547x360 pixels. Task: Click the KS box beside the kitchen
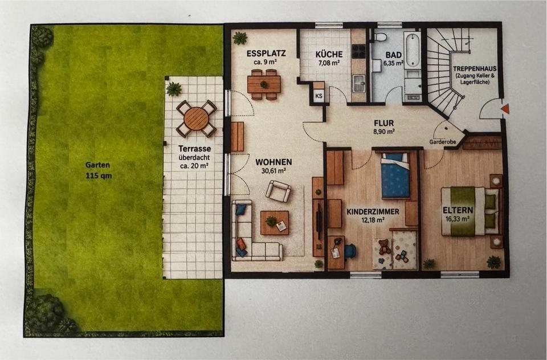click(319, 96)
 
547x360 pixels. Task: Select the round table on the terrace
click(196, 118)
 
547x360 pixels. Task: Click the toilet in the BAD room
click(381, 38)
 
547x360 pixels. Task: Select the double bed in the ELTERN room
click(470, 211)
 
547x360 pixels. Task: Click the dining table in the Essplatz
click(264, 84)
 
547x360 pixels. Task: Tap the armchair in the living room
click(278, 191)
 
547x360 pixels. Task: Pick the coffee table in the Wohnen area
click(274, 223)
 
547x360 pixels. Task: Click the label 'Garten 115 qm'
click(99, 170)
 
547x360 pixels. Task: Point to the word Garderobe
click(443, 142)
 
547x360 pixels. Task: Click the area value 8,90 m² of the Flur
click(384, 131)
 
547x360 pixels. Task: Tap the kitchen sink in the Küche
click(358, 85)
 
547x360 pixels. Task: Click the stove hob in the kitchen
click(358, 51)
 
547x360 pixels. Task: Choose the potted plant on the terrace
click(174, 89)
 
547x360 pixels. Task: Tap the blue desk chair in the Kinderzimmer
click(349, 251)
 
